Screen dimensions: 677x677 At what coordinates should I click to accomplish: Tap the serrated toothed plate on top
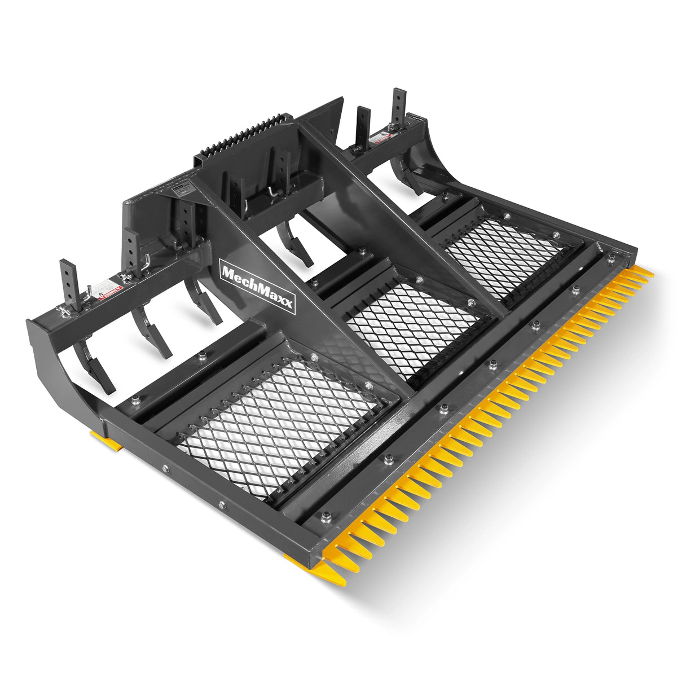tap(243, 135)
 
